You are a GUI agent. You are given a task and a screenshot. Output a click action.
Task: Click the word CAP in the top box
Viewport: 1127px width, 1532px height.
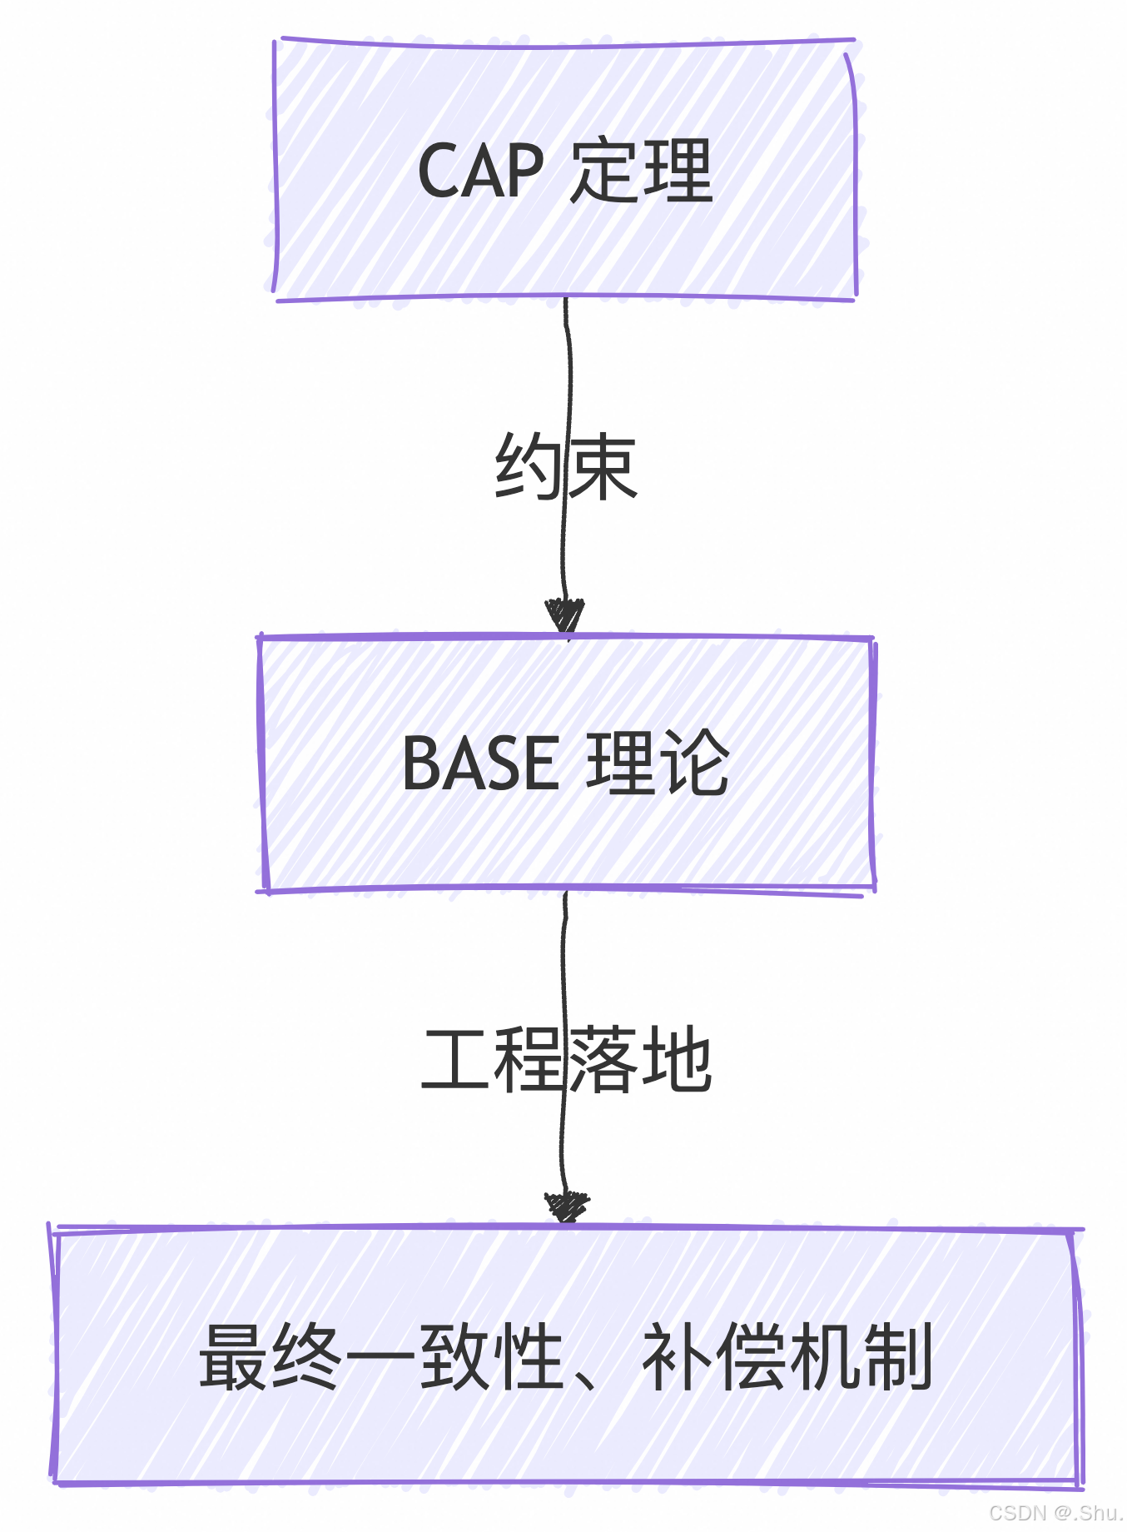(480, 171)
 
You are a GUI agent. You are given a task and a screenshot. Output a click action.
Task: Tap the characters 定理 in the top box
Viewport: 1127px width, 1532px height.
(641, 171)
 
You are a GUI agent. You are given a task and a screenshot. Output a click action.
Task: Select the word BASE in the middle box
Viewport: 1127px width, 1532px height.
(480, 763)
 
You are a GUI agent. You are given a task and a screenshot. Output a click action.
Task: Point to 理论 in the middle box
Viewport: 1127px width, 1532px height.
(658, 763)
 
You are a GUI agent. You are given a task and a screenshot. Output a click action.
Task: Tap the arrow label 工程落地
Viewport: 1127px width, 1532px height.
(566, 1060)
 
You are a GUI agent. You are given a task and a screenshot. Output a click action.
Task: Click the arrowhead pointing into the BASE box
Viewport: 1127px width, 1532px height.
(565, 616)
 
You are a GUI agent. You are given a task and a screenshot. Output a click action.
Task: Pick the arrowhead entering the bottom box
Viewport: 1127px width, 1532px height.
(567, 1206)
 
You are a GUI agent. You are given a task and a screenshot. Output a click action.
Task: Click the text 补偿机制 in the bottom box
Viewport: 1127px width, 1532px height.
(787, 1357)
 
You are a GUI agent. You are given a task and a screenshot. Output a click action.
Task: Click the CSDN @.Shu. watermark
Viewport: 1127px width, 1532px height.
(1055, 1513)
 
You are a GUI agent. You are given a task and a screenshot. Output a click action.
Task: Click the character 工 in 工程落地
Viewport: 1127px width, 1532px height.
(456, 1060)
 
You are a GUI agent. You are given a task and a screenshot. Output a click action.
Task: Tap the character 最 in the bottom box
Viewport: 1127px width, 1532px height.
(234, 1357)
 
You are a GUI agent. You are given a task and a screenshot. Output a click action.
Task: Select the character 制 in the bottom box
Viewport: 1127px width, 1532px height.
(897, 1357)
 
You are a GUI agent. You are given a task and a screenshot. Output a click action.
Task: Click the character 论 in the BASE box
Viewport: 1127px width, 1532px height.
(694, 763)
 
